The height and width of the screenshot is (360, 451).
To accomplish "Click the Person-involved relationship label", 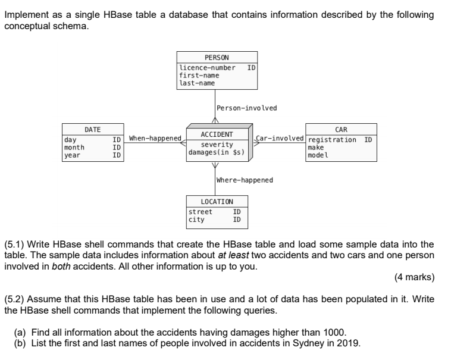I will pyautogui.click(x=246, y=108).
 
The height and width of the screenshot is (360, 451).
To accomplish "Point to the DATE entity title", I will pyautogui.click(x=92, y=129).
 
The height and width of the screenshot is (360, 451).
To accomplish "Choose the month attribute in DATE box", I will pyautogui.click(x=75, y=147).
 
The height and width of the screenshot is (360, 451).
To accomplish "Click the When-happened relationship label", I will pyautogui.click(x=155, y=139).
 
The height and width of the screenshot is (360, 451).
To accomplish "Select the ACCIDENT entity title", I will pyautogui.click(x=217, y=135).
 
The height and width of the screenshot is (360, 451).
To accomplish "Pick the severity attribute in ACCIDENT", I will pyautogui.click(x=217, y=145).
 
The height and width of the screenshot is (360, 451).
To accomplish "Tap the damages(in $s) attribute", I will pyautogui.click(x=216, y=152).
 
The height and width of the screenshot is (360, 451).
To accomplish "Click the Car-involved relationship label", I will pyautogui.click(x=280, y=139).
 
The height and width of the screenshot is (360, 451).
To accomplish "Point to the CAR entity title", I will pyautogui.click(x=341, y=129).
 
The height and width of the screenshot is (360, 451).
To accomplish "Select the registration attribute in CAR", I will pyautogui.click(x=334, y=140).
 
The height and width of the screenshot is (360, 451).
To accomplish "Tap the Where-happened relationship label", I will pyautogui.click(x=245, y=180).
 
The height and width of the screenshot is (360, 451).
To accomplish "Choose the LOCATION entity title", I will pyautogui.click(x=217, y=202).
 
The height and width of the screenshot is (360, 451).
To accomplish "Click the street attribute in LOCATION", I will pyautogui.click(x=200, y=212).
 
